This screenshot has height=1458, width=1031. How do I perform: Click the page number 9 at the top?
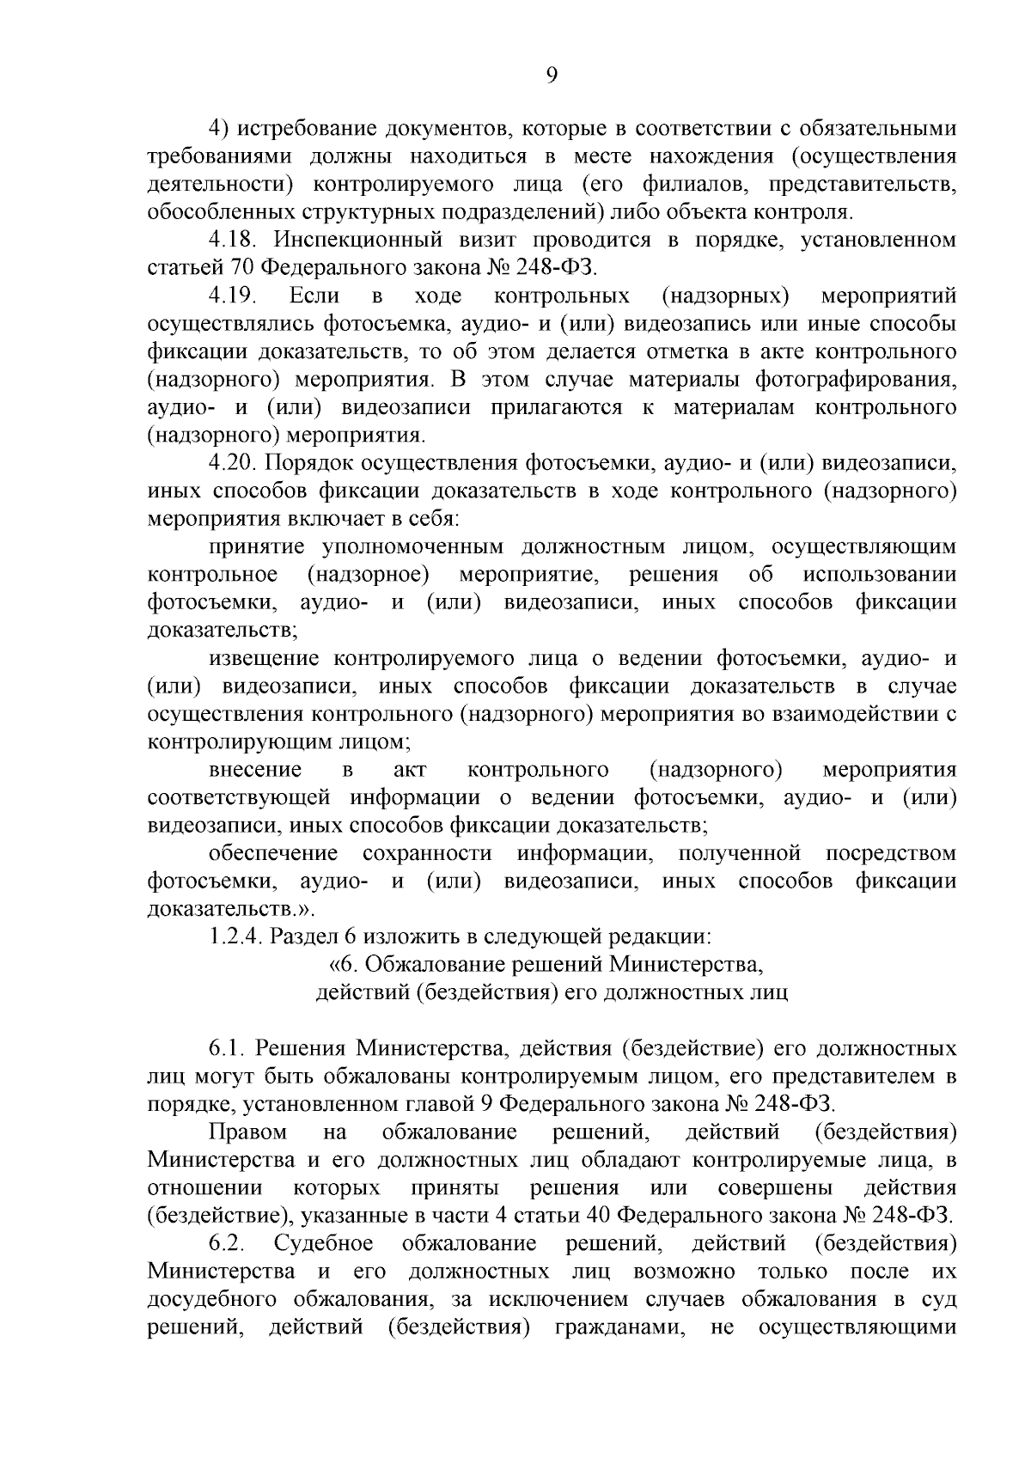552,76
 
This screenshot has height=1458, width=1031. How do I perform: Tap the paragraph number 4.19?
232,296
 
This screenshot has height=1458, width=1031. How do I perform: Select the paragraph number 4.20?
232,463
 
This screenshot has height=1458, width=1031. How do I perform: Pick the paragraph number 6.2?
227,1244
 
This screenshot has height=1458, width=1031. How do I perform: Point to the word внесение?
255,770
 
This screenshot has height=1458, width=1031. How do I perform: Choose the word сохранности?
427,854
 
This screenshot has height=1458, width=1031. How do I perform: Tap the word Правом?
248,1132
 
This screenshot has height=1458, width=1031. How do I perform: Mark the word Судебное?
324,1244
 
